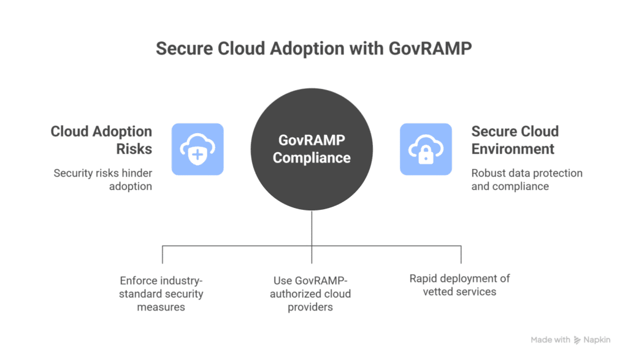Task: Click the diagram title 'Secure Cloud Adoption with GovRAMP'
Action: pos(313,48)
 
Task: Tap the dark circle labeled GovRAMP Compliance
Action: pos(312,149)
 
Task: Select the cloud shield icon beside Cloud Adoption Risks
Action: pos(197,149)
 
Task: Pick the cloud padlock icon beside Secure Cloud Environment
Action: pos(426,149)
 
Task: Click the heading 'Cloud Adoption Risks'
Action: pos(101,140)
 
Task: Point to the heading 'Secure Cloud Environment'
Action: pos(515,140)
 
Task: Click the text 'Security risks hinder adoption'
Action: pos(102,179)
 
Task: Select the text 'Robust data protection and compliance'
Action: pos(526,179)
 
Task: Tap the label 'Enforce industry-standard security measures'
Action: pos(161,293)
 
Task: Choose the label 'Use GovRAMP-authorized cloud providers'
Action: pos(312,293)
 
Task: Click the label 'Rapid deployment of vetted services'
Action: pos(459,285)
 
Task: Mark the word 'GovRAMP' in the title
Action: pos(429,48)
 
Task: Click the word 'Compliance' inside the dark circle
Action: pos(312,158)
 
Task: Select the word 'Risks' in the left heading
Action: pos(134,149)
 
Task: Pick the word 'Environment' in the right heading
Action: pos(513,149)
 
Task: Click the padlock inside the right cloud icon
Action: pos(426,154)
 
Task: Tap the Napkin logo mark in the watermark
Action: pos(577,340)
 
